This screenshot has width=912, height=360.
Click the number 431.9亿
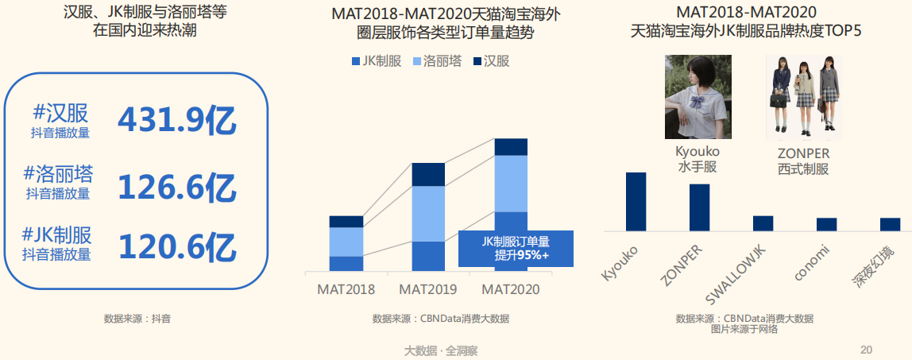coord(177,120)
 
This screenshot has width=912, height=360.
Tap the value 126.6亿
coord(177,188)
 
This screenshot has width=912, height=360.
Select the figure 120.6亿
coord(177,247)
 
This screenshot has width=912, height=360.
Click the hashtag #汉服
coord(61,113)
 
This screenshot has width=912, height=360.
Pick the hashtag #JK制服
coord(56,234)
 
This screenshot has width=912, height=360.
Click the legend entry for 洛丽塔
coord(437,61)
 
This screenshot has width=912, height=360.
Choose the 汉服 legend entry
coord(490,61)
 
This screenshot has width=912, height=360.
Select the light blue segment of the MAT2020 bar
coord(511,183)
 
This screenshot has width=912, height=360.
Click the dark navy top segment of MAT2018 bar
coord(346,221)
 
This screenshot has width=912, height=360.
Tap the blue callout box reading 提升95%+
coord(516,249)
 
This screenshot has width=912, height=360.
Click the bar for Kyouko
coord(636,201)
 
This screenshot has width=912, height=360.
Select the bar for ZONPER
coord(699,207)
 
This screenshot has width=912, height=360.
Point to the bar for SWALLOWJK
coord(763,223)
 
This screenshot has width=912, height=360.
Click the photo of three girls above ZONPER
coord(802,97)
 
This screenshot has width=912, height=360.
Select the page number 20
coord(866,350)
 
